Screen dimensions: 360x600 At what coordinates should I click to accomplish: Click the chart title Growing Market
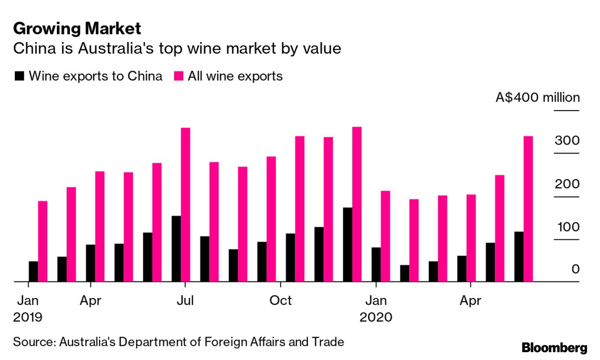[77, 29]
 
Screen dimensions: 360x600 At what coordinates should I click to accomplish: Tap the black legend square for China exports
[20, 76]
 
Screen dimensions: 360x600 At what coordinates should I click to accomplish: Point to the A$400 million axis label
[537, 98]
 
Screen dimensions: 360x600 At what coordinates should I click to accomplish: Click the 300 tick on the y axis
[567, 141]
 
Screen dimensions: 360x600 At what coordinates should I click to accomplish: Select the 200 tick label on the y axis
[567, 184]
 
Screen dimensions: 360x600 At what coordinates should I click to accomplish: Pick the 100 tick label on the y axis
[567, 227]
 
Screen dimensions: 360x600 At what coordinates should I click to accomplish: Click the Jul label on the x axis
[185, 301]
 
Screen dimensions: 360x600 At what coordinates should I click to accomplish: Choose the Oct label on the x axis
[280, 301]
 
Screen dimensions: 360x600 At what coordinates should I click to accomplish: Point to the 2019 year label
[28, 318]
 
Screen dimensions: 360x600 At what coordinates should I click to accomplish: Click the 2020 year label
[376, 318]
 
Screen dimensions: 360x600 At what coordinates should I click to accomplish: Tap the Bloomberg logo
[554, 348]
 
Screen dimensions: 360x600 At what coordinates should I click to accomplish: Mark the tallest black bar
[348, 244]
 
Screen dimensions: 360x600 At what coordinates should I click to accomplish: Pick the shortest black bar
[405, 273]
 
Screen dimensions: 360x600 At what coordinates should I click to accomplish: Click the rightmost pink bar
[528, 209]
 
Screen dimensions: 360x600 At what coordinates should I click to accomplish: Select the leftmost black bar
[33, 271]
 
